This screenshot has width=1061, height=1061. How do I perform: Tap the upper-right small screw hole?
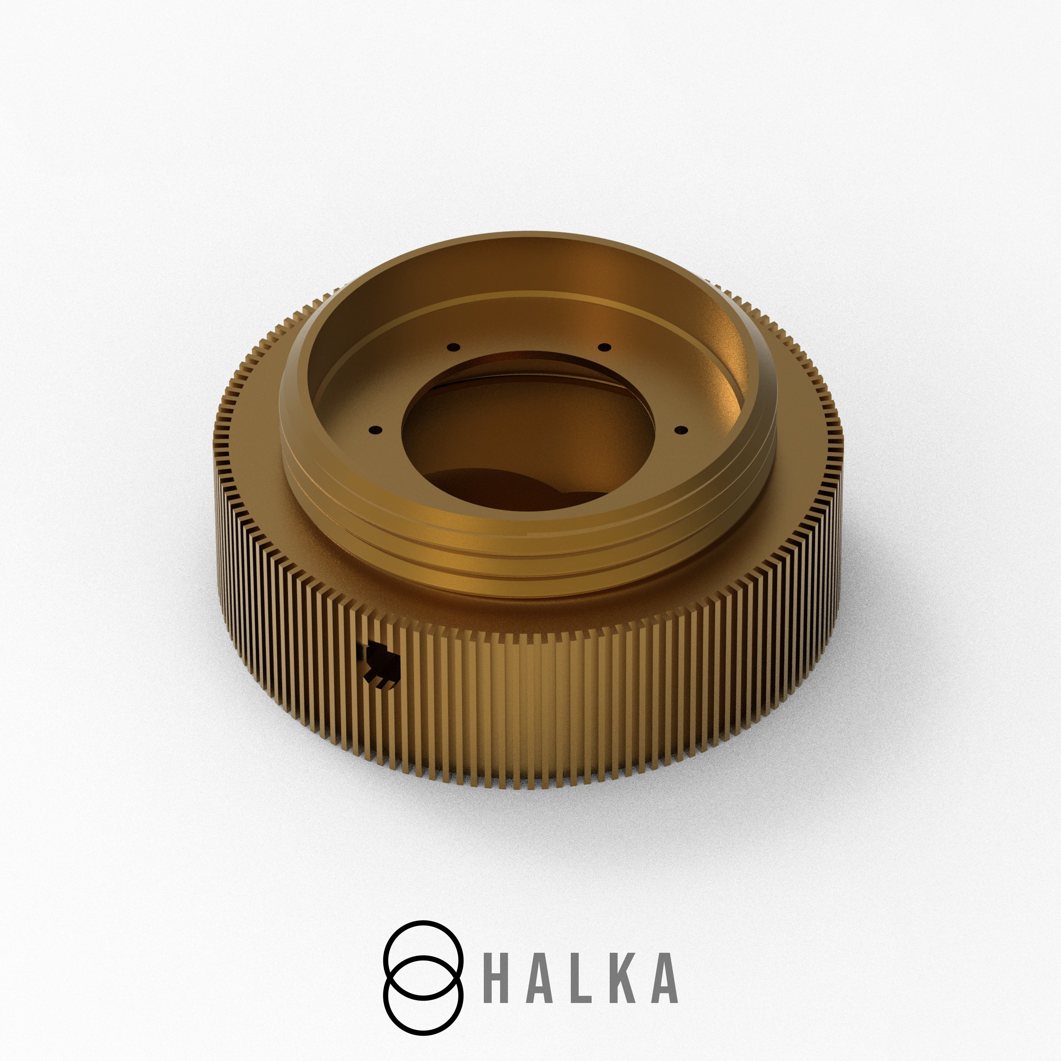click(604, 347)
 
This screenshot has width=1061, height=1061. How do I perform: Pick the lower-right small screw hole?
click(680, 429)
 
